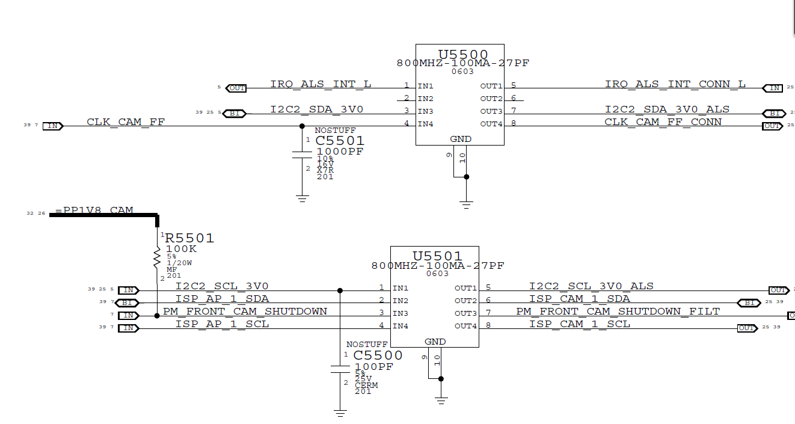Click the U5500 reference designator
[x=462, y=54]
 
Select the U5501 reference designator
[x=437, y=256]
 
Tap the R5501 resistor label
[x=189, y=238]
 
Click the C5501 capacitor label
[x=340, y=141]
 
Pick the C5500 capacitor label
[x=378, y=355]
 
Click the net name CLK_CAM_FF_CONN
[x=663, y=122]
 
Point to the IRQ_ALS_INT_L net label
[x=321, y=84]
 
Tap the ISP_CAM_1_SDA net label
[x=579, y=298]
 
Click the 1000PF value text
[x=340, y=152]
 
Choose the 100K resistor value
[x=181, y=249]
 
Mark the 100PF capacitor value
[x=374, y=366]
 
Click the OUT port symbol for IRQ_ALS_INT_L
[x=236, y=88]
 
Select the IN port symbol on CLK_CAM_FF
[x=53, y=126]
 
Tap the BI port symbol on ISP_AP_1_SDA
[x=127, y=303]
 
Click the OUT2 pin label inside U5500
[x=491, y=99]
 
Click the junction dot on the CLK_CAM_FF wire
[x=302, y=126]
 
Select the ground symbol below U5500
[x=465, y=204]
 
